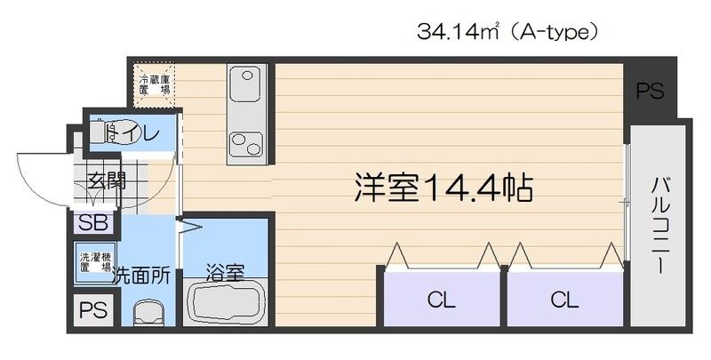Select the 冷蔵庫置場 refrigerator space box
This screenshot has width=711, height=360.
coord(155,84)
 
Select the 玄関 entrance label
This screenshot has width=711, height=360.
coord(105,182)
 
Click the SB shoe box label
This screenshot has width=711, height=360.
coord(90,222)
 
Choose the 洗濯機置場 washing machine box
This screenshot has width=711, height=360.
coord(93,260)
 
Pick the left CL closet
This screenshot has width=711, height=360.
coord(442,300)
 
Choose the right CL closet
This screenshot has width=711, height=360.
coord(563,300)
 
